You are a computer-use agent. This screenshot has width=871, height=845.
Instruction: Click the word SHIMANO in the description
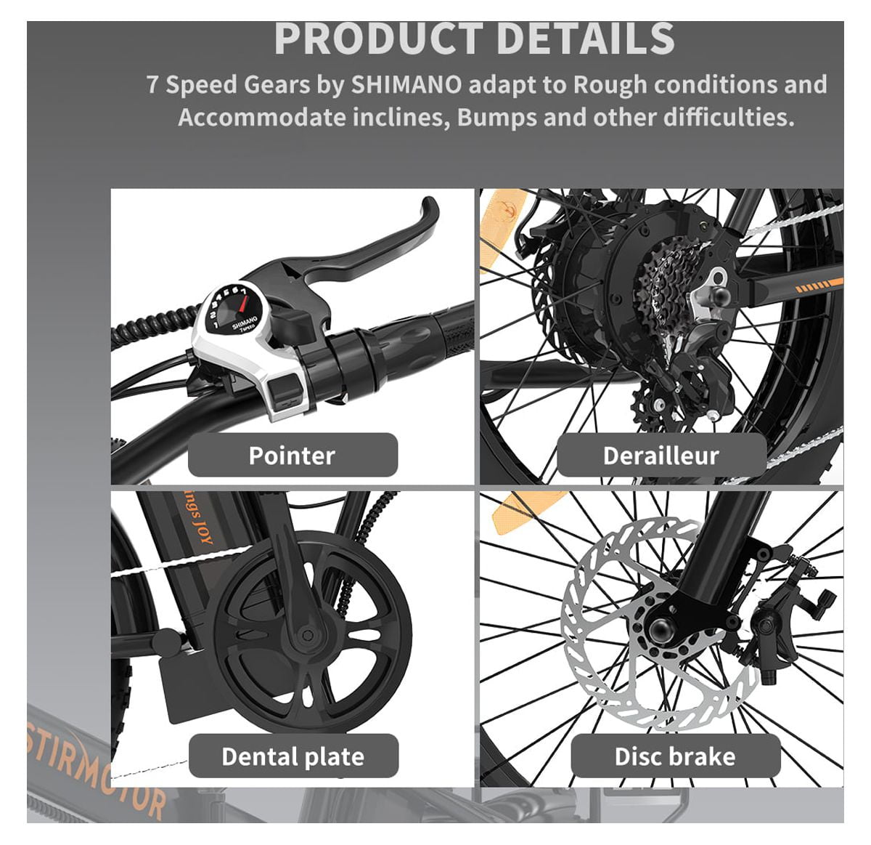pos(406,85)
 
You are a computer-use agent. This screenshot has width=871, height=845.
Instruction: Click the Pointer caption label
pos(292,456)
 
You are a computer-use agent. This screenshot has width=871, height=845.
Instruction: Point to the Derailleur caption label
pos(661,456)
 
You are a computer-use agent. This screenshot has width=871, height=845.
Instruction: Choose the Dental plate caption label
pos(293,756)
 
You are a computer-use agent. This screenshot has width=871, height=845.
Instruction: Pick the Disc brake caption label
pos(675,756)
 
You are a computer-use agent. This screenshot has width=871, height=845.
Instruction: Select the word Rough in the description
pos(609,85)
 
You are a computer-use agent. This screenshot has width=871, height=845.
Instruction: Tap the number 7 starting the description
pos(152,85)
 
